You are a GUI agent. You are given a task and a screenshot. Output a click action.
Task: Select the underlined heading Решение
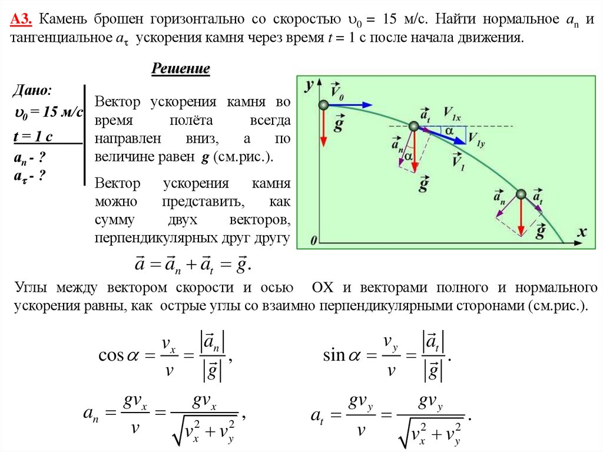pos(181,69)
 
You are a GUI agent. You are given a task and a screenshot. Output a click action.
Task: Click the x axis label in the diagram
pos(582,232)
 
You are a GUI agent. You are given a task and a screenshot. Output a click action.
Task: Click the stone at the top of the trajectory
pos(323,105)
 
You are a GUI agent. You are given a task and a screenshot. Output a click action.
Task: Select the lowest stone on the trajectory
pos(521,194)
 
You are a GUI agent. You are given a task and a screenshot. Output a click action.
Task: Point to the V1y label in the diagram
pos(476,138)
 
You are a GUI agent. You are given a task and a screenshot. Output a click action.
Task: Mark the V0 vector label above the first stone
pos(336,90)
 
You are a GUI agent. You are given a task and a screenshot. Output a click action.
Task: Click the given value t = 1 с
pos(33,136)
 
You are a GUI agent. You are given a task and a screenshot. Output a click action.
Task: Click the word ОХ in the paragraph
pos(323,288)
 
